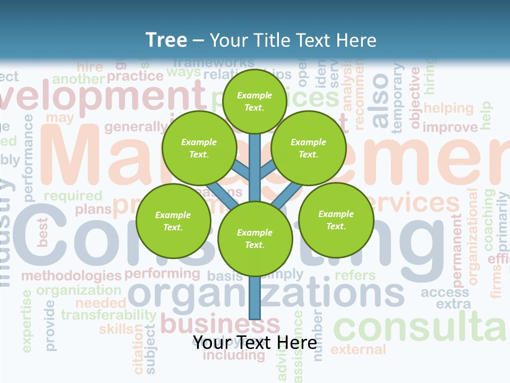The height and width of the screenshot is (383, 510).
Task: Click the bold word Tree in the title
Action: click(166, 40)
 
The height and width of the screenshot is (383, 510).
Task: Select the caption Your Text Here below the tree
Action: click(254, 343)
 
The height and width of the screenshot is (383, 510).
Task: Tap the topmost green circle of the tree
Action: click(254, 101)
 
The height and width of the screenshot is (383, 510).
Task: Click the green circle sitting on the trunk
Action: click(255, 239)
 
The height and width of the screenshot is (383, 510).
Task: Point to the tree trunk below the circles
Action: click(255, 298)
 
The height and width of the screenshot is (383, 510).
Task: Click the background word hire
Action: click(90, 67)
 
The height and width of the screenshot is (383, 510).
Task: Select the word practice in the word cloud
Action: click(135, 76)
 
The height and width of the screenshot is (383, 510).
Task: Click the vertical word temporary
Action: click(397, 98)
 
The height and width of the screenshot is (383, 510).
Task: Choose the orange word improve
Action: click(450, 128)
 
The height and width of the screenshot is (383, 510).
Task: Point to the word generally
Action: click(135, 127)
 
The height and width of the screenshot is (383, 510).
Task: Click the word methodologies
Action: click(71, 276)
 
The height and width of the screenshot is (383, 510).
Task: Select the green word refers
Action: click(355, 276)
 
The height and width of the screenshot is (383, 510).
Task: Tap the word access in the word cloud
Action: click(445, 292)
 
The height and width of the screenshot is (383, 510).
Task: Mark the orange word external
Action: click(358, 349)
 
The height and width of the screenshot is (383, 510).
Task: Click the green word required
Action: click(73, 196)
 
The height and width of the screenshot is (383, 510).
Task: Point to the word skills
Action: click(116, 329)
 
